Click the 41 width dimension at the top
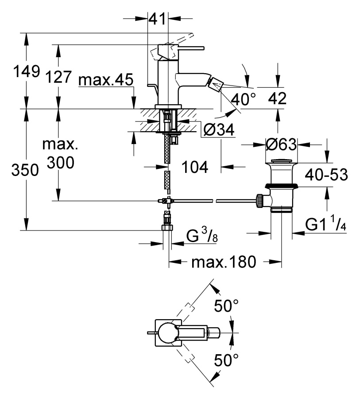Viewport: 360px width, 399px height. [157, 19]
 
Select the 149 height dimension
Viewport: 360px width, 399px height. [27, 71]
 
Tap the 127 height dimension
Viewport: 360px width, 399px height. [58, 77]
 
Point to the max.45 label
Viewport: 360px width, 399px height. [106, 80]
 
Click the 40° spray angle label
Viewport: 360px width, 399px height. [244, 99]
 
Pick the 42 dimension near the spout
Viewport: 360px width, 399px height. [277, 98]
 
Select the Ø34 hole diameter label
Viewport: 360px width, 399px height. [219, 130]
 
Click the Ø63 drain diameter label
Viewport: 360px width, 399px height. [281, 145]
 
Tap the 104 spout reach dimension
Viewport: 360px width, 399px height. [195, 167]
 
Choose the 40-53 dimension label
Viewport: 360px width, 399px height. [326, 175]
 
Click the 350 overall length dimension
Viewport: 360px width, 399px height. [25, 170]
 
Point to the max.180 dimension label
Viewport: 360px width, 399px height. [224, 262]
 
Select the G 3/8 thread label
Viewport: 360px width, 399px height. [202, 236]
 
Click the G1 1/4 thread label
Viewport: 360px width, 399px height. [325, 224]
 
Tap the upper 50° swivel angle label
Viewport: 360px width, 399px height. [226, 305]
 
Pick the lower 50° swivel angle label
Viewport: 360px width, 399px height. [226, 360]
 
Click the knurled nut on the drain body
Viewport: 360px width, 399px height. [259, 201]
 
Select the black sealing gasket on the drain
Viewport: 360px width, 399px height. [281, 186]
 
